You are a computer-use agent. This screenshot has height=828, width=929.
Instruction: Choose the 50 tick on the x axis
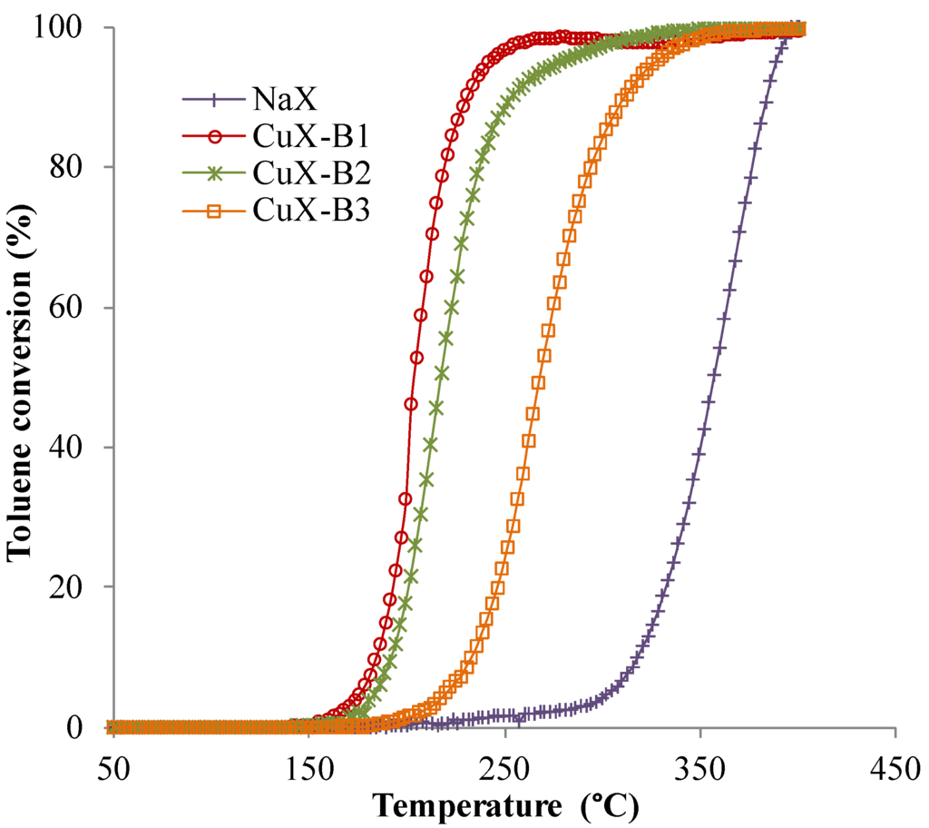tap(112, 767)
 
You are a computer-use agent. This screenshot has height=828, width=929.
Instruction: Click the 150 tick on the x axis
tap(308, 767)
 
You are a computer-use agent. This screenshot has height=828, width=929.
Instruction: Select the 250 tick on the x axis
tap(504, 767)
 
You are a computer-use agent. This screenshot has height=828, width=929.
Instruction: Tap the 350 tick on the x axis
tap(700, 767)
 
